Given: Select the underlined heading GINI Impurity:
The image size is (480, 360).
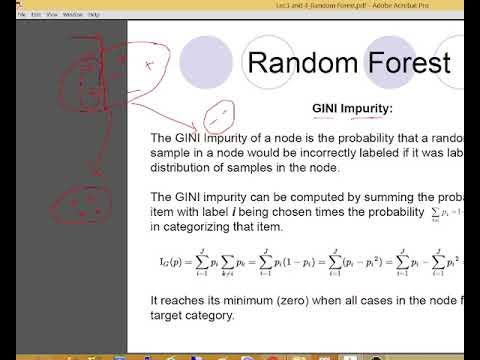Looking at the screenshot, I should click(353, 108).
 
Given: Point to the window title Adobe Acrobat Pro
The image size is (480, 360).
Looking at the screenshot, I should click(348, 4).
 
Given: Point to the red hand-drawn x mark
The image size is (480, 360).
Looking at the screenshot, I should click(148, 65).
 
